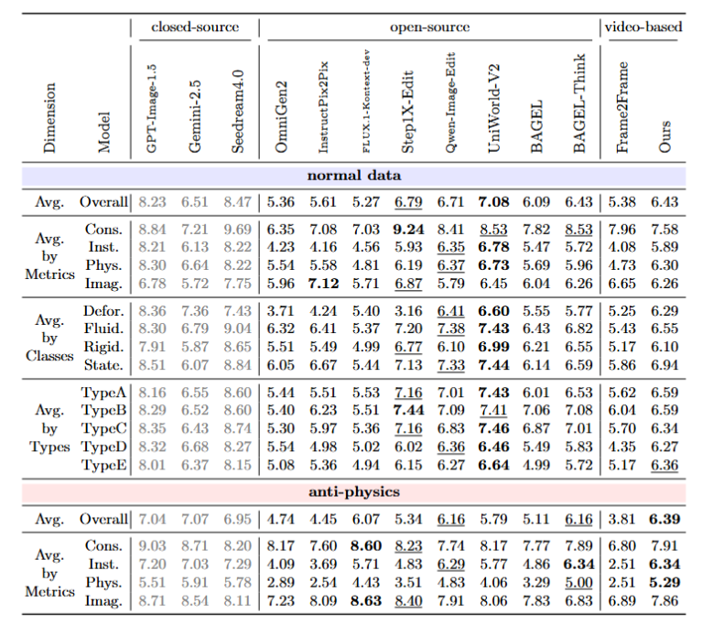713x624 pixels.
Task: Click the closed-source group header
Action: click(195, 27)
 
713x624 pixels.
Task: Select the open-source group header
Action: click(429, 27)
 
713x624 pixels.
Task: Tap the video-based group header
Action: click(643, 27)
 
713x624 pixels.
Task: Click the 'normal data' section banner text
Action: click(354, 176)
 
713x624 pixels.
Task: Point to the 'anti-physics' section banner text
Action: click(354, 491)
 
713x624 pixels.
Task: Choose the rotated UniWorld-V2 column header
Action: click(493, 108)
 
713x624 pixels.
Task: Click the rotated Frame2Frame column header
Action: click(622, 107)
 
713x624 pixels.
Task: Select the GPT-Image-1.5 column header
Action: click(151, 108)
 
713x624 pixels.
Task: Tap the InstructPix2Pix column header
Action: click(323, 107)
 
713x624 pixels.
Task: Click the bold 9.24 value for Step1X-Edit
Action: click(408, 229)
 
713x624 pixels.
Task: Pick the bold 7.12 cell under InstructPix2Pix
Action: click(323, 284)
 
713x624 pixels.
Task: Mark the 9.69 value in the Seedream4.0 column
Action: click(237, 229)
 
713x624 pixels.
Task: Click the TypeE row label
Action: click(103, 465)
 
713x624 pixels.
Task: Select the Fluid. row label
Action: click(103, 328)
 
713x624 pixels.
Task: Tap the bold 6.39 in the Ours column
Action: click(664, 519)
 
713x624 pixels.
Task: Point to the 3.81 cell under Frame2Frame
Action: click(621, 519)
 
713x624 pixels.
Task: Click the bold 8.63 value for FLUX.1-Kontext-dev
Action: click(366, 601)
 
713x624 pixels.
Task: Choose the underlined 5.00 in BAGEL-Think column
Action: click(578, 583)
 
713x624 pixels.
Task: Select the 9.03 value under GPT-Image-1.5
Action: click(152, 546)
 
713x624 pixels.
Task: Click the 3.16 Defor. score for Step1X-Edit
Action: click(408, 311)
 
